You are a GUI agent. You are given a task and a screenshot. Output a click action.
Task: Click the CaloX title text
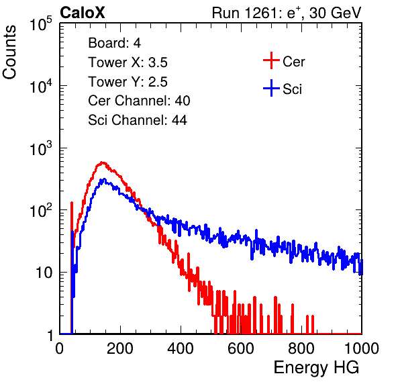[x=82, y=13]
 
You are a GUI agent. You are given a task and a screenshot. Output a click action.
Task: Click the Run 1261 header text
[x=287, y=13]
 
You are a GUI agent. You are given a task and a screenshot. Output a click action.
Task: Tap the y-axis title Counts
[x=9, y=52]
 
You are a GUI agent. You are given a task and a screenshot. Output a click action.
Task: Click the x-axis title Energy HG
[x=316, y=368]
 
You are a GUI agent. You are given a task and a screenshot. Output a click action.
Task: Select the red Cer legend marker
[x=271, y=60]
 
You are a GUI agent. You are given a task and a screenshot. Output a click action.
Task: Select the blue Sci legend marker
[x=271, y=89]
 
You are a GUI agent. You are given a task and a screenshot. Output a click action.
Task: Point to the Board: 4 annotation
[x=114, y=43]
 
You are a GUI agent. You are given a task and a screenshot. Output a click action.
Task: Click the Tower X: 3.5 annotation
[x=128, y=62]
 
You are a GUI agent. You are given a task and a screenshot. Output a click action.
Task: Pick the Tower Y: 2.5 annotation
[x=128, y=82]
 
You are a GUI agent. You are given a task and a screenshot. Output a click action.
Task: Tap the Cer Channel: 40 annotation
[x=139, y=101]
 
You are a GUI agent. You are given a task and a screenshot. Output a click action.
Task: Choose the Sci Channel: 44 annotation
[x=138, y=120]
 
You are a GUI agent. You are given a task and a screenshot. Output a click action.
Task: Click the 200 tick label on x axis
[x=120, y=348]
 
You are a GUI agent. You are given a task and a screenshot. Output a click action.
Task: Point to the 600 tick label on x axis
[x=241, y=348]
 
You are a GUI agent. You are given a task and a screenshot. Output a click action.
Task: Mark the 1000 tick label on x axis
[x=362, y=348]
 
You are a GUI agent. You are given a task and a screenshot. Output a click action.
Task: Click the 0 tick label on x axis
[x=60, y=348]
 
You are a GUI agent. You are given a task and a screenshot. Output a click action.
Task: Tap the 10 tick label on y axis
[x=44, y=273]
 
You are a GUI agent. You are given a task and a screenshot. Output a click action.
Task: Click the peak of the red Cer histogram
[x=102, y=162]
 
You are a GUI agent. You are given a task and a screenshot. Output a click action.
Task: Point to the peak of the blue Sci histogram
[x=104, y=179]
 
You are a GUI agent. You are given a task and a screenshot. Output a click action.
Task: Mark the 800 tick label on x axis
[x=301, y=348]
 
